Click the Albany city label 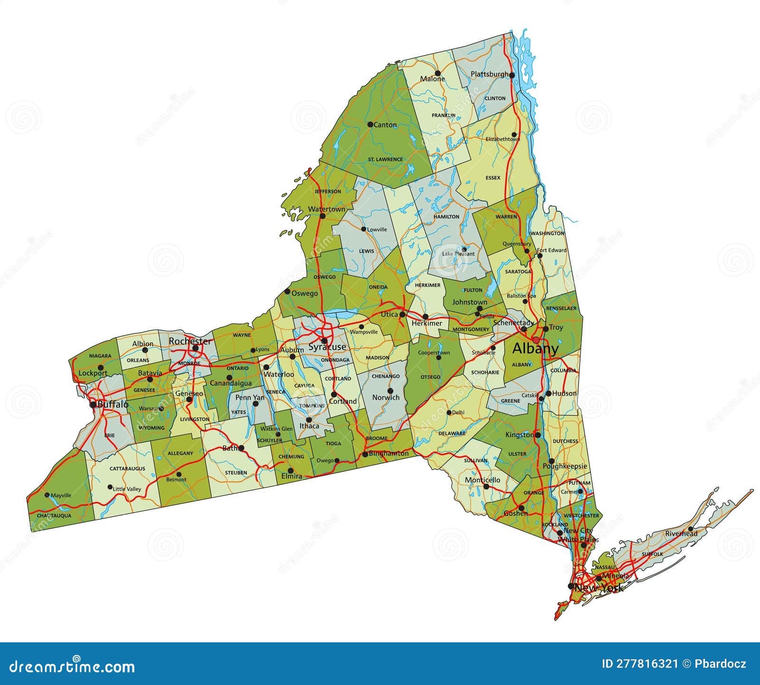[535, 349]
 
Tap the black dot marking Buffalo [94, 405]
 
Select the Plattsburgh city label [489, 74]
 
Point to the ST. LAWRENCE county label [385, 159]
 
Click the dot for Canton [370, 124]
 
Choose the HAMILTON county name [446, 216]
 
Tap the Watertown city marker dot [323, 216]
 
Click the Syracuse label [327, 347]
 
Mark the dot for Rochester [195, 348]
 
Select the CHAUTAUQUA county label [54, 515]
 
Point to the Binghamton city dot [365, 454]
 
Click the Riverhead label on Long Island [681, 534]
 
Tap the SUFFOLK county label [652, 554]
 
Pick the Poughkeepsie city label [565, 466]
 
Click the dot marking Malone [437, 73]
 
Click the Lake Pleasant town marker [464, 249]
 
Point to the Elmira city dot [290, 471]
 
